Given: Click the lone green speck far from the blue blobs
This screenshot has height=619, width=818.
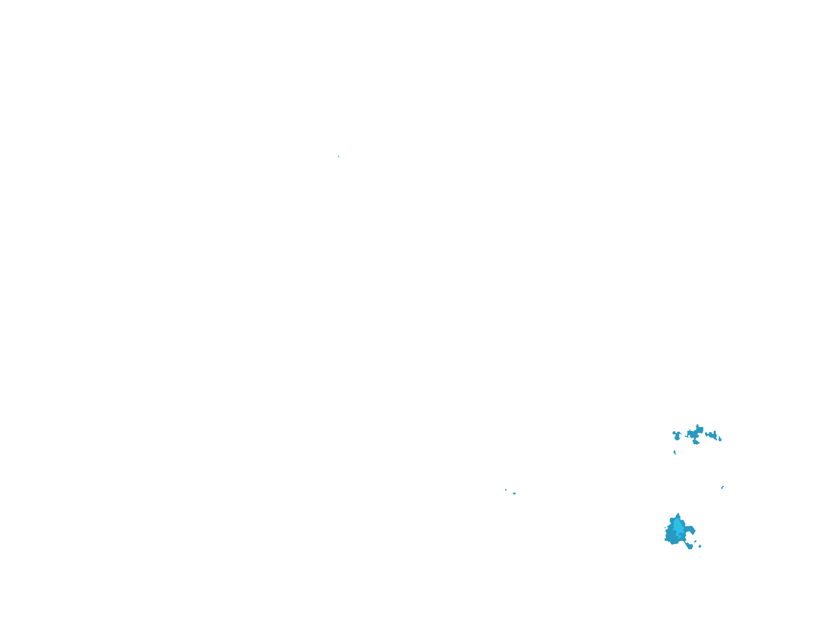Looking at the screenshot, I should [339, 156].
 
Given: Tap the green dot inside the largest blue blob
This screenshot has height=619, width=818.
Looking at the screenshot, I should [678, 526].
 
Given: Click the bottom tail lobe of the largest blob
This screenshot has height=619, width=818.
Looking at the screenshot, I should [690, 546].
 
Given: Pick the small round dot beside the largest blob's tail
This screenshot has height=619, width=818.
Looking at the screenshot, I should [700, 546].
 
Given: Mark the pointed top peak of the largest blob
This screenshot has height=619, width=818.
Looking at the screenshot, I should [678, 515].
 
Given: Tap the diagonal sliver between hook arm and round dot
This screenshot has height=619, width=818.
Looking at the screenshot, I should [695, 541].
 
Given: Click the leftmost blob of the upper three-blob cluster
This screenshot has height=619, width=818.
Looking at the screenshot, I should [677, 436].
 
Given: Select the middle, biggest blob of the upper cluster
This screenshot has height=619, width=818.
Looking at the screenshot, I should [694, 433].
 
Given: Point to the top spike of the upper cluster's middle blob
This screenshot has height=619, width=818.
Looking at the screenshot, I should [697, 426].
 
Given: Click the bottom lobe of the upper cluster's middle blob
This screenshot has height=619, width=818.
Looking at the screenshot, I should [696, 442].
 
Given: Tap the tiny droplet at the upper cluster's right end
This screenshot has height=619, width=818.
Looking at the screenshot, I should [720, 439].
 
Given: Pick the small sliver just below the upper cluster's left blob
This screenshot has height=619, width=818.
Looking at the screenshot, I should [675, 452].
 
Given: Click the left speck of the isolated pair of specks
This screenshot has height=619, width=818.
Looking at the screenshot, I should [506, 490].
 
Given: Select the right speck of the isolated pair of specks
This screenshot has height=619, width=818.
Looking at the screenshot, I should [514, 494].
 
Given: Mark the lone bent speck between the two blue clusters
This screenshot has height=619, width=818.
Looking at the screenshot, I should [723, 488].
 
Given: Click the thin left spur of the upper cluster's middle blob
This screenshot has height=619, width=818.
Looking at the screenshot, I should [687, 436].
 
